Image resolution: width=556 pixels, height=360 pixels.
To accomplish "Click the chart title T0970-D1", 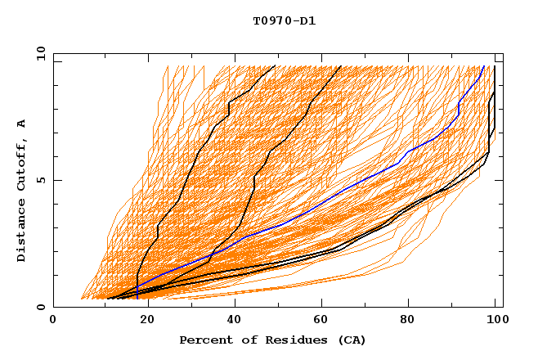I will coord(284,20).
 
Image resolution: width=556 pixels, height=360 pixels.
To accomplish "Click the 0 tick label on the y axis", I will coord(39,307).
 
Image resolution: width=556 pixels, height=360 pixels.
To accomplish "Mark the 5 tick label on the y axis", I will coord(39,180).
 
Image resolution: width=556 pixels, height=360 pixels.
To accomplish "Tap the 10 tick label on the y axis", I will coord(38,53).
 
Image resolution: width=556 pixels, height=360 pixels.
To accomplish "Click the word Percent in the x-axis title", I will coord(203,340).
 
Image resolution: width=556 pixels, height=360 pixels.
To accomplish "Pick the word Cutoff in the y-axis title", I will coord(22,163).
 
